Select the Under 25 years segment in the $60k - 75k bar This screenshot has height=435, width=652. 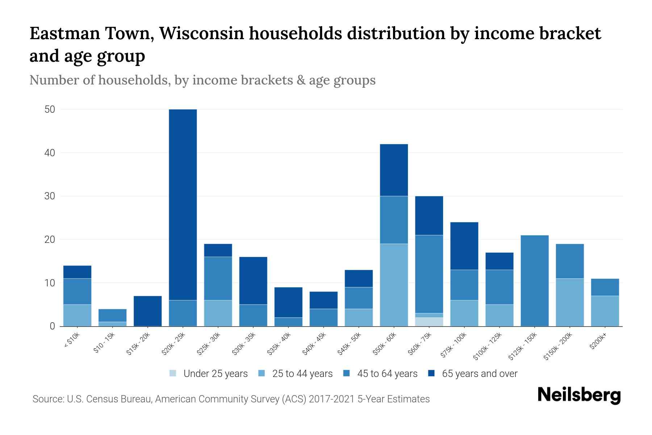[429, 322]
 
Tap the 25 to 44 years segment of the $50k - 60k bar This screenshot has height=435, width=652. [394, 285]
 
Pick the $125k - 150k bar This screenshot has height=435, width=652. [534, 281]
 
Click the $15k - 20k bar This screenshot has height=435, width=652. [148, 311]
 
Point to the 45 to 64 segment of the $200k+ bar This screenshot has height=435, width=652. [605, 287]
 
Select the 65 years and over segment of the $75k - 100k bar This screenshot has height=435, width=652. [464, 246]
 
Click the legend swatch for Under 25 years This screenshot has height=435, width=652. [173, 373]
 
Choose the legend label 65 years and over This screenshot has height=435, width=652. [480, 374]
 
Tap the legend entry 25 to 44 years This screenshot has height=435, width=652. [302, 374]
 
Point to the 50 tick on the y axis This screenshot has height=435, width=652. [50, 109]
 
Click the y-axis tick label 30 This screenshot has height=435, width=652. [50, 196]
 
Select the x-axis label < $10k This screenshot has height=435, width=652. [72, 341]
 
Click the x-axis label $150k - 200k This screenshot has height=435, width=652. [557, 347]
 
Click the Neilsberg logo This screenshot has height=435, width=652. [579, 395]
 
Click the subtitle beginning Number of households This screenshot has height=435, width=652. [202, 80]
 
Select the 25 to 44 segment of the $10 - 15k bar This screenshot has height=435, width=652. [113, 324]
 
